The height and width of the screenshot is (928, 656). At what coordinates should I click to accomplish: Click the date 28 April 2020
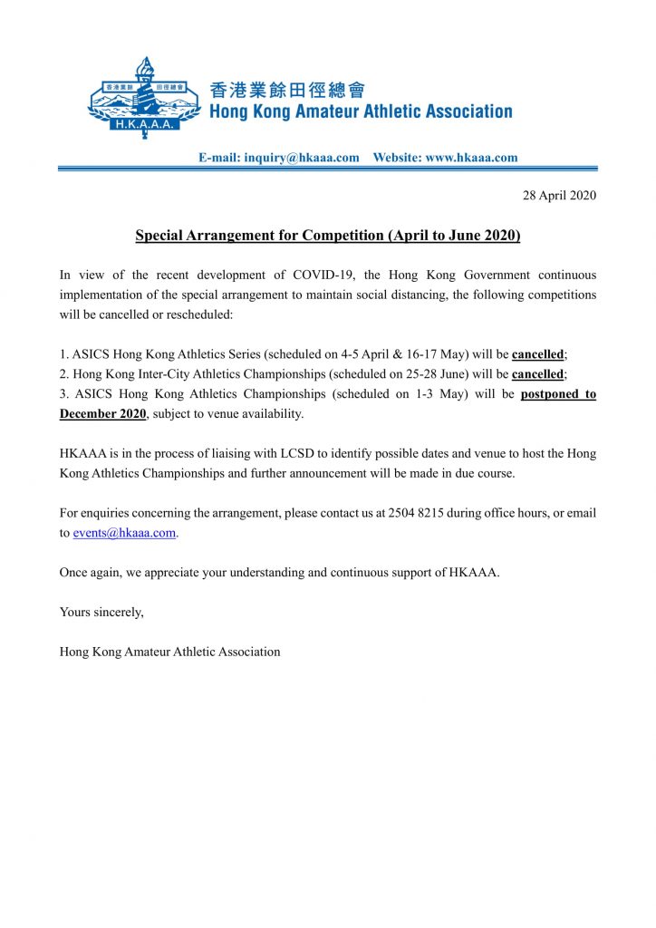click(x=560, y=196)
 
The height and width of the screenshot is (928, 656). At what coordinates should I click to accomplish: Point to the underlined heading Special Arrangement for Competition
click(x=327, y=236)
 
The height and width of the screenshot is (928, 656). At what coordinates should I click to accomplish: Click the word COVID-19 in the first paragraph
click(x=321, y=275)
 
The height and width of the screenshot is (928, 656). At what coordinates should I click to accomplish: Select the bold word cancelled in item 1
click(x=538, y=354)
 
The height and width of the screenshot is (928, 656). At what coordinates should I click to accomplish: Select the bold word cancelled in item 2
click(x=536, y=374)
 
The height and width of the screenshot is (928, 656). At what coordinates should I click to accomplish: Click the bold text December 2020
click(x=102, y=414)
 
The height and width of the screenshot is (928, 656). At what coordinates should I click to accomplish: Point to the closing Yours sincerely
click(x=101, y=612)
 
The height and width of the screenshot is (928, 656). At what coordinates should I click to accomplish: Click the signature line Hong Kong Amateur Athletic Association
click(x=169, y=652)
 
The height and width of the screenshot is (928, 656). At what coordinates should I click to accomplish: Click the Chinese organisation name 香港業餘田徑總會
click(x=287, y=90)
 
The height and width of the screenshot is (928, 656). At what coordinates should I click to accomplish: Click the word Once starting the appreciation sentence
click(x=74, y=573)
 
